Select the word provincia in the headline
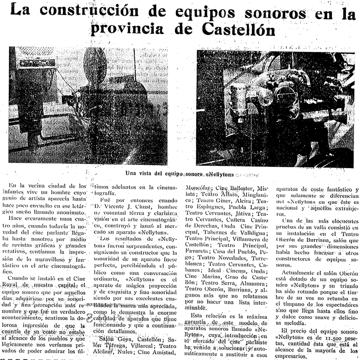[125, 30]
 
